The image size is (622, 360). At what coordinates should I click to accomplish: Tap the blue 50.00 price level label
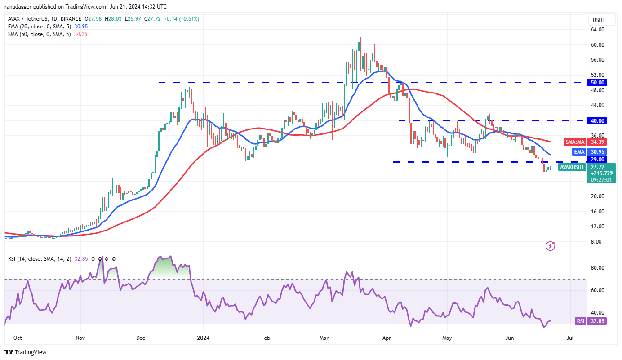pyautogui.click(x=598, y=83)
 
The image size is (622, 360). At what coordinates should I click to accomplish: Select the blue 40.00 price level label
pyautogui.click(x=598, y=120)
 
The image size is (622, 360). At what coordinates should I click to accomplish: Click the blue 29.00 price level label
pyautogui.click(x=598, y=159)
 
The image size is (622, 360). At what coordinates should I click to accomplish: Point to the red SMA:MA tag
pyautogui.click(x=575, y=142)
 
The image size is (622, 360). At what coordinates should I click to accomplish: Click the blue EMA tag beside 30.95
pyautogui.click(x=578, y=152)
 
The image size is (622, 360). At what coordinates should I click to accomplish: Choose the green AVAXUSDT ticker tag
pyautogui.click(x=572, y=167)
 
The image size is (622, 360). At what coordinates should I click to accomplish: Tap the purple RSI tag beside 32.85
pyautogui.click(x=580, y=321)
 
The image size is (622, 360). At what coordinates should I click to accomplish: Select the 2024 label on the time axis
pyautogui.click(x=204, y=338)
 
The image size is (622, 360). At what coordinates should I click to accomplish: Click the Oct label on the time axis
pyautogui.click(x=18, y=338)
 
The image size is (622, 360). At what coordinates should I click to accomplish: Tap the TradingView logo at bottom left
pyautogui.click(x=26, y=352)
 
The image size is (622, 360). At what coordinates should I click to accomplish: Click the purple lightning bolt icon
pyautogui.click(x=550, y=246)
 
